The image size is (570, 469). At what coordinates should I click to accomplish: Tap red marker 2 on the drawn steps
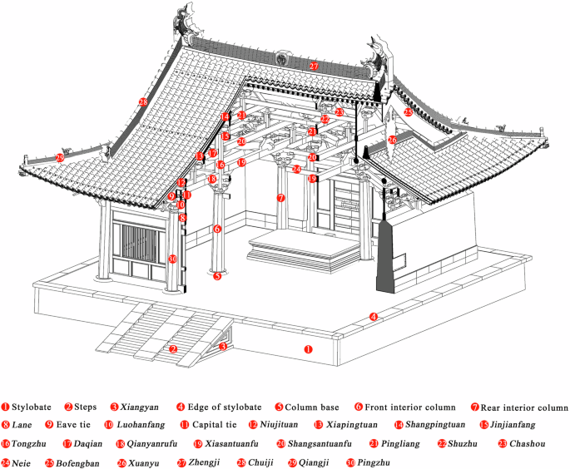[x=172, y=349]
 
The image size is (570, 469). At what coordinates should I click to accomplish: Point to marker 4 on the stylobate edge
[x=374, y=317]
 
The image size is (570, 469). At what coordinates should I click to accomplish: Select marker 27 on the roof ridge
[x=314, y=66]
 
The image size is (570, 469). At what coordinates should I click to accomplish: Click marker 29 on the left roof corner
[x=60, y=157]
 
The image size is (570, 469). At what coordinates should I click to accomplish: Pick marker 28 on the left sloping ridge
[x=144, y=102]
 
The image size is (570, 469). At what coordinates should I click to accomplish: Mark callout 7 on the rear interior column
[x=281, y=198]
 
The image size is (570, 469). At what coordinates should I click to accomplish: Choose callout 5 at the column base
[x=217, y=276]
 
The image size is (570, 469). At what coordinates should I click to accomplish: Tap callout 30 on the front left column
[x=172, y=259]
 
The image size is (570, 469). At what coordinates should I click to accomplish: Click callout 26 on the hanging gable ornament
[x=393, y=141]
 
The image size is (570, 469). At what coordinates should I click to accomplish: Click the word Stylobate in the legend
[x=32, y=407]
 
